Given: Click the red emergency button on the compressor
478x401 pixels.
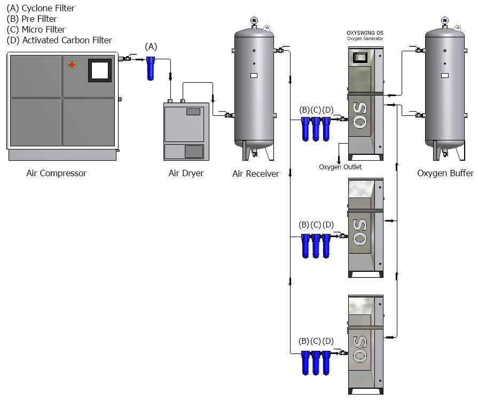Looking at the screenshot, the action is (x=72, y=65).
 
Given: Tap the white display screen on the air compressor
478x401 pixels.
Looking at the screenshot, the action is (x=100, y=70).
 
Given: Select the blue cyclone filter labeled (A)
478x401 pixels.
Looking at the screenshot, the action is (x=150, y=68).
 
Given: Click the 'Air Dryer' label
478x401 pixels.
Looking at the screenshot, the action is (x=186, y=174).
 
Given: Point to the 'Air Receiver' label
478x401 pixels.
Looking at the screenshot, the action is (x=256, y=174).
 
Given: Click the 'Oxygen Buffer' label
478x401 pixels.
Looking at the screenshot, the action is (x=445, y=174).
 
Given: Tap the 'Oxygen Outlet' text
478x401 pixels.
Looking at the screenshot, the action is (x=340, y=167).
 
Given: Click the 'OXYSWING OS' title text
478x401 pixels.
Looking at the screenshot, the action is (x=365, y=33).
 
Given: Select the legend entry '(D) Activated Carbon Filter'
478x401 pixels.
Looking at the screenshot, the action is (x=59, y=40).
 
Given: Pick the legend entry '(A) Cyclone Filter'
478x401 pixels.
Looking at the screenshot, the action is (x=41, y=8).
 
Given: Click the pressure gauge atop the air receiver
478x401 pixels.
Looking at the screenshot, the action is (x=254, y=21).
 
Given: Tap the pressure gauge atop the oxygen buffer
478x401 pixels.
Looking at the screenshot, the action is (x=445, y=21).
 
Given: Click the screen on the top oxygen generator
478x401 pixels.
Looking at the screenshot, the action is (x=360, y=57).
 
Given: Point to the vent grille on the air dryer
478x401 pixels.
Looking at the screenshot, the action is (x=194, y=152).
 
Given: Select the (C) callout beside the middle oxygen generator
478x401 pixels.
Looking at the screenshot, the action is (x=316, y=225).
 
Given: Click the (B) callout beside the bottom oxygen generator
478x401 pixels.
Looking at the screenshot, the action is (x=304, y=341).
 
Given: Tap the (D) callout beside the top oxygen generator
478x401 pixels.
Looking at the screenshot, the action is (x=328, y=110).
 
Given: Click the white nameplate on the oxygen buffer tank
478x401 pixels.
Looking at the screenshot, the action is (x=445, y=75).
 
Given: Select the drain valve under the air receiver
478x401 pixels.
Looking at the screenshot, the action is (x=254, y=152).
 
